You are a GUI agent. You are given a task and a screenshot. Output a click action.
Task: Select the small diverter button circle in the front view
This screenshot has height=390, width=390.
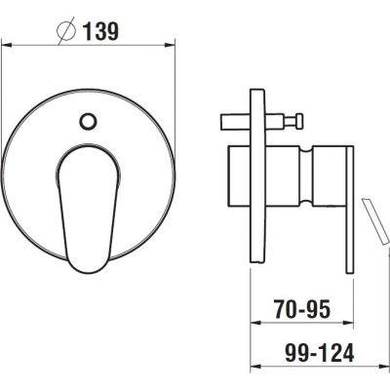[x=89, y=123]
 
